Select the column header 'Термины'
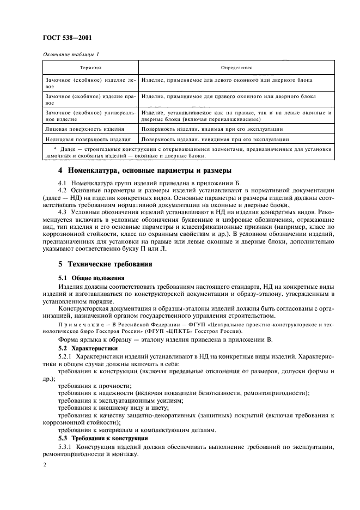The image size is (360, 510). [x=90, y=68]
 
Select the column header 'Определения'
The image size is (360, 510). [x=235, y=68]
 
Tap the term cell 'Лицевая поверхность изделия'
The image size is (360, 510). [x=84, y=129]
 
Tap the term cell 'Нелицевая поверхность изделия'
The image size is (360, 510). [x=87, y=139]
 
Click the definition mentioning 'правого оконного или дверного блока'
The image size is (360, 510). [x=228, y=96]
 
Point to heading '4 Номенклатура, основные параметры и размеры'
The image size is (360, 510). [x=145, y=169]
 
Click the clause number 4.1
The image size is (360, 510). [x=63, y=181]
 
